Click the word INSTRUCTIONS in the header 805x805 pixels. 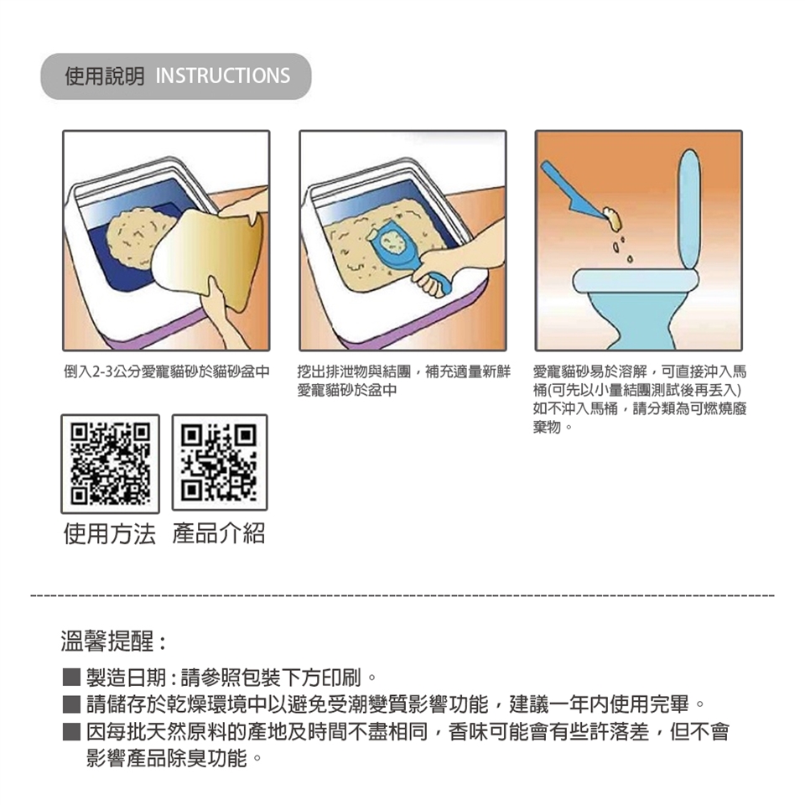tap(223, 76)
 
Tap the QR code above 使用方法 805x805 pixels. tap(111, 464)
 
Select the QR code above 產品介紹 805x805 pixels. tap(219, 463)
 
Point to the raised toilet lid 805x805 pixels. tap(689, 209)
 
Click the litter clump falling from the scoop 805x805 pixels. tap(611, 218)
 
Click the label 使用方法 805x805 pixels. tap(109, 533)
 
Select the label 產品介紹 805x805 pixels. tap(219, 533)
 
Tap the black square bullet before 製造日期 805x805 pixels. tap(71, 678)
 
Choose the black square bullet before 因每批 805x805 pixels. tap(71, 731)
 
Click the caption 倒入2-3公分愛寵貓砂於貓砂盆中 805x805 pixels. tap(167, 371)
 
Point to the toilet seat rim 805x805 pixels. tap(636, 280)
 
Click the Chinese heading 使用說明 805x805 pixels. tap(105, 76)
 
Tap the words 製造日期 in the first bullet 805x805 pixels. tap(126, 678)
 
